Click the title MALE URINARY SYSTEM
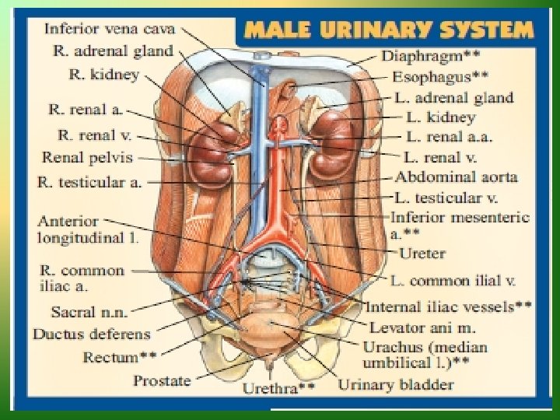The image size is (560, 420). click(389, 31)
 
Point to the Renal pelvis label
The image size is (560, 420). click(87, 158)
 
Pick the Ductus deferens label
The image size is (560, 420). click(92, 334)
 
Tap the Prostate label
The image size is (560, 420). click(162, 380)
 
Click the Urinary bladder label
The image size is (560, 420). click(396, 383)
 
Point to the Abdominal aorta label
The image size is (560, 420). click(455, 177)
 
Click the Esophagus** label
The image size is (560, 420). click(439, 77)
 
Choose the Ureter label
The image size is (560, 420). click(422, 253)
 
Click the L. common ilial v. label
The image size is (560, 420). click(461, 280)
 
